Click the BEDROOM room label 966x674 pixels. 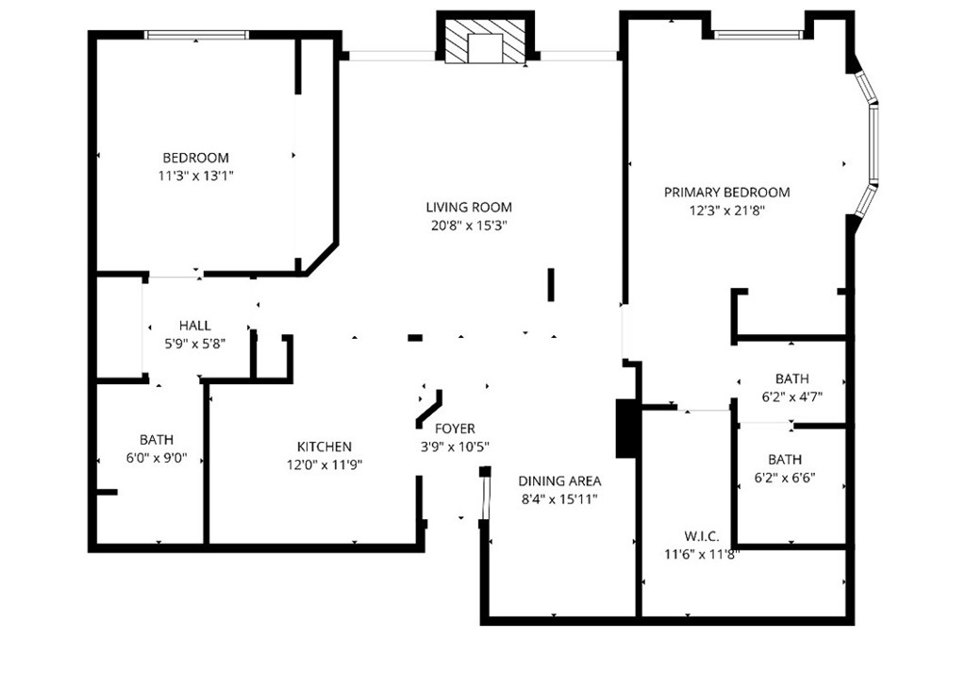coord(195,158)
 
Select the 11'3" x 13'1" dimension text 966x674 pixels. coord(195,176)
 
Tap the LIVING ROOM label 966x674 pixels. coord(468,208)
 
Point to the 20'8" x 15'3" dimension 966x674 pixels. coord(468,226)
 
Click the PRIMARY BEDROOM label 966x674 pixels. coord(726,193)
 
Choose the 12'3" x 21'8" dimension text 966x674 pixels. coord(726,211)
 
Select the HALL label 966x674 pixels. coord(194,326)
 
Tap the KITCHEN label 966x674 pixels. coord(324,447)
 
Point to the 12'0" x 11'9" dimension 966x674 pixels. coord(324,464)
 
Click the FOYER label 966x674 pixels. coord(455,430)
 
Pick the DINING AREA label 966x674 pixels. coord(560,480)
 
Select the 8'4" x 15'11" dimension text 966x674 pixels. coord(560,498)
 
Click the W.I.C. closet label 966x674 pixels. coord(702,536)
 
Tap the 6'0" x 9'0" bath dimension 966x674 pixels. coord(157,458)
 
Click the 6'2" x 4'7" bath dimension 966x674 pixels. coord(791,397)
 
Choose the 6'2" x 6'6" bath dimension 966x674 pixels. coord(785,478)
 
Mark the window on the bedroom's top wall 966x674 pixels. coord(196,35)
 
